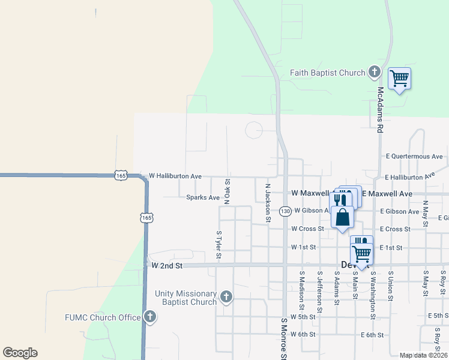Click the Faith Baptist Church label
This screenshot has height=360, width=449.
[327, 73]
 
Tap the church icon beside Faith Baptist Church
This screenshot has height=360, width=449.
[375, 73]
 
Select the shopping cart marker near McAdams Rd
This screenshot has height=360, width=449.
[400, 79]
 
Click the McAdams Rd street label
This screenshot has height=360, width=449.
[380, 109]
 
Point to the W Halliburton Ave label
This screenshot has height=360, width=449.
[175, 176]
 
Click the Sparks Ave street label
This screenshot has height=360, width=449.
[203, 197]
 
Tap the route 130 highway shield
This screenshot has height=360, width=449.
[285, 211]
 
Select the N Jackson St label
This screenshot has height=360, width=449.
[268, 202]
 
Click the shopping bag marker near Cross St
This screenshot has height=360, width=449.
[342, 218]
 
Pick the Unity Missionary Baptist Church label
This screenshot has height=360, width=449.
[185, 298]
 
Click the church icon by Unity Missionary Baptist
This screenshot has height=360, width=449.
[226, 296]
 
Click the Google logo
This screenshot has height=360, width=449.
[20, 353]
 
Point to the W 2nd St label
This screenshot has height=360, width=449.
[166, 265]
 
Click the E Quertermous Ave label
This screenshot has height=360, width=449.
[414, 156]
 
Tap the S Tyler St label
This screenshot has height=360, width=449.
[218, 245]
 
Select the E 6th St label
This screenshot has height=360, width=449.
[372, 335]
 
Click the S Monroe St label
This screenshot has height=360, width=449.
[284, 339]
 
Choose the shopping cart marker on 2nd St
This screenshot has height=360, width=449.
[362, 254]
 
